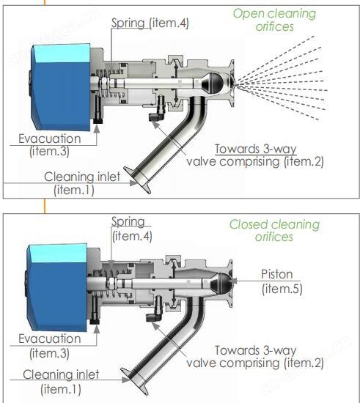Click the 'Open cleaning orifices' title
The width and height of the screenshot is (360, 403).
[274, 20]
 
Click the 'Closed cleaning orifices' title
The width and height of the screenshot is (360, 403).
[274, 231]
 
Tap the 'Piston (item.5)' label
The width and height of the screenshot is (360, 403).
[282, 281]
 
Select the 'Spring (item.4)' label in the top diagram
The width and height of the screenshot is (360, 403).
[150, 23]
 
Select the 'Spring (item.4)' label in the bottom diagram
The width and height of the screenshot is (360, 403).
[132, 229]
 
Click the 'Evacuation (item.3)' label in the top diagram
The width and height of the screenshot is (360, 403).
[49, 144]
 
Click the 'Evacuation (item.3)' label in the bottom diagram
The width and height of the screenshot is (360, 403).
[49, 346]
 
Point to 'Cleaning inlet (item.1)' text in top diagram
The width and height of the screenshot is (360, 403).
[82, 183]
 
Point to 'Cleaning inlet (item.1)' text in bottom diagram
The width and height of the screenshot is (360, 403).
[61, 382]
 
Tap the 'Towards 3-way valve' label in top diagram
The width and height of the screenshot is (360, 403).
[255, 155]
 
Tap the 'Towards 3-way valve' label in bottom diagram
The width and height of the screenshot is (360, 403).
[255, 357]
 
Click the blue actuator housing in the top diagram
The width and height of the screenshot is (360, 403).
[61, 87]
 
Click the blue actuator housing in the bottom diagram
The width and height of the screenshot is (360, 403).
[56, 287]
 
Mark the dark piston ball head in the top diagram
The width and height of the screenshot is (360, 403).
[213, 83]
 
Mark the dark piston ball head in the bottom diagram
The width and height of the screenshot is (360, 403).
[221, 283]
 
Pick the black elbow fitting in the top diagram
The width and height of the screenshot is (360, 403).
[156, 117]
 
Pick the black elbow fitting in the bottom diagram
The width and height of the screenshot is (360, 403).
[154, 317]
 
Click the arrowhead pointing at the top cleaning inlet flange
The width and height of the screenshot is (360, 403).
[134, 183]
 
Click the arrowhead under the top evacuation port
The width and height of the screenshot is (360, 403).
[97, 129]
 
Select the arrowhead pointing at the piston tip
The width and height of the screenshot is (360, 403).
[233, 281]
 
